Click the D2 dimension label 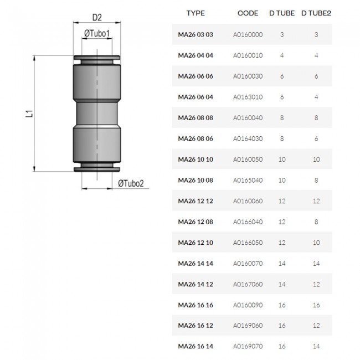(97, 18)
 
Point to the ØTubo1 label (97, 34)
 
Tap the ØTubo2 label (131, 183)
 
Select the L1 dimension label (29, 114)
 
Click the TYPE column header (196, 13)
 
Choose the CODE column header (248, 13)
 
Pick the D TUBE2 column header (316, 13)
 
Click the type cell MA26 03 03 (196, 34)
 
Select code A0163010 (248, 97)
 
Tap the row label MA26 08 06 (196, 138)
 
